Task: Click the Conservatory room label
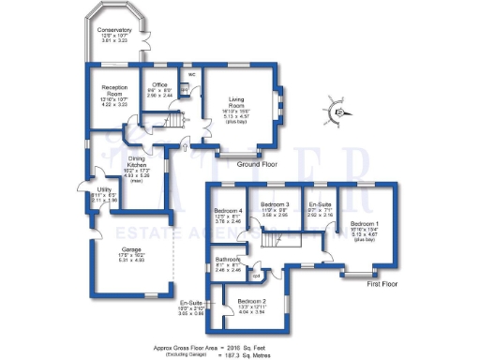click(113, 30)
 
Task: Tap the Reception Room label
click(113, 87)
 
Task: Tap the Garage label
click(117, 248)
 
